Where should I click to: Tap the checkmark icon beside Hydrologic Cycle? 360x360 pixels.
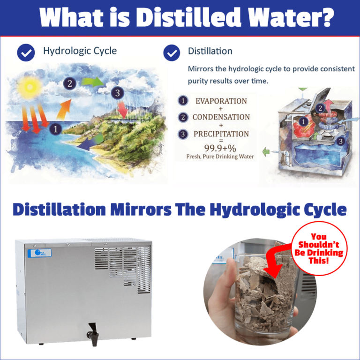tap(26, 52)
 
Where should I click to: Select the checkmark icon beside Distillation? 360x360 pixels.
tap(172, 52)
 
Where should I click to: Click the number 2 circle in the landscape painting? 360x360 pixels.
tap(70, 84)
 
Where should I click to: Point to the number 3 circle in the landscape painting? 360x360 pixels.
tap(118, 93)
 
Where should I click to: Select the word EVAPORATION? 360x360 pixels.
tap(221, 101)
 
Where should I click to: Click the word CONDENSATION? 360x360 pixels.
tap(221, 117)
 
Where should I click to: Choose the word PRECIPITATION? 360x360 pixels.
tap(221, 134)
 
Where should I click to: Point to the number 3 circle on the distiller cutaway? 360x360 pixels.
tap(341, 141)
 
